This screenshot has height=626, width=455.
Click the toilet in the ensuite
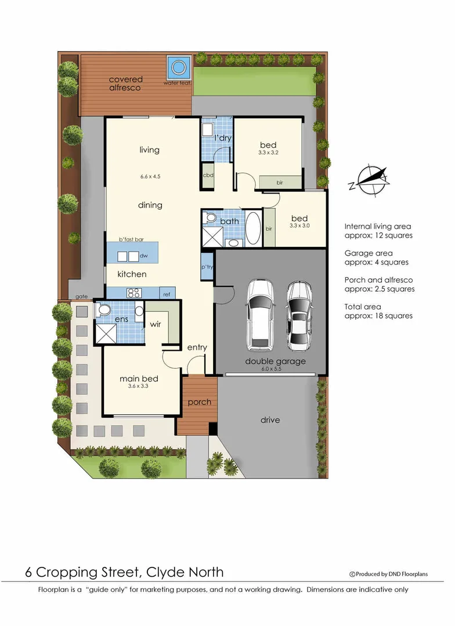tap(104, 311)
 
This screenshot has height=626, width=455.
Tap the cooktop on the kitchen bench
tap(135, 292)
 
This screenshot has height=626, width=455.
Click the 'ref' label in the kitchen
tap(167, 294)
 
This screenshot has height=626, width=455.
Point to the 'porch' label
tap(199, 402)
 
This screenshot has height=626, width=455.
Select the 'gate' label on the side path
tap(81, 296)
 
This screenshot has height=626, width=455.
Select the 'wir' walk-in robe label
tap(155, 325)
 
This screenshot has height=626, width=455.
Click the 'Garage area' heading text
tap(368, 253)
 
